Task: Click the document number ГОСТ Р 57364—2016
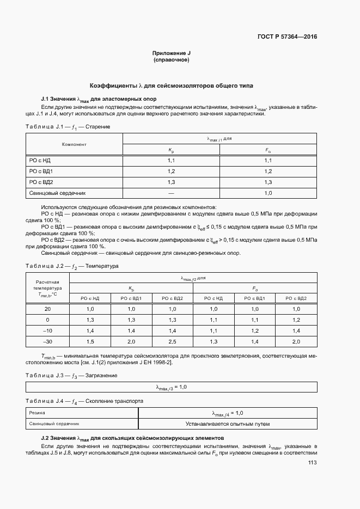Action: pyautogui.click(x=286, y=37)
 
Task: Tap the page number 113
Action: pyautogui.click(x=312, y=463)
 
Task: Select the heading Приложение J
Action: pyautogui.click(x=172, y=53)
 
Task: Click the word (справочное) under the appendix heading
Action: pyautogui.click(x=172, y=60)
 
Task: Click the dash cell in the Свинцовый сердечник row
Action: pyautogui.click(x=171, y=193)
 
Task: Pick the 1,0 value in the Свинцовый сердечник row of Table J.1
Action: pyautogui.click(x=268, y=193)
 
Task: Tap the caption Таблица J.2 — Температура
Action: pyautogui.click(x=72, y=266)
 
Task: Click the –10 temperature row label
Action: pyautogui.click(x=48, y=330)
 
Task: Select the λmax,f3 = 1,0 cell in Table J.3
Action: pyautogui.click(x=172, y=387)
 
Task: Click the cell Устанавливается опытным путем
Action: pyautogui.click(x=227, y=424)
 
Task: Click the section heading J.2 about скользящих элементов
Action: pyautogui.click(x=125, y=438)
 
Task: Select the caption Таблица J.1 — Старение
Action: pyautogui.click(x=68, y=127)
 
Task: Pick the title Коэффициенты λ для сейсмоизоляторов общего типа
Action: pyautogui.click(x=172, y=86)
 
